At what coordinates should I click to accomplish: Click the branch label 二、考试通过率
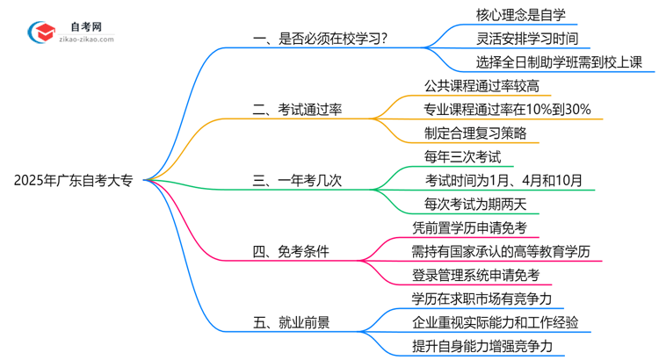tap(301, 110)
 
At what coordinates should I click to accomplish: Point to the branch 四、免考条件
tap(291, 252)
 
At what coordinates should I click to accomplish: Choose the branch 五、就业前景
tap(291, 323)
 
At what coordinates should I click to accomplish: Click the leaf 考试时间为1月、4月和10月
tap(504, 181)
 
